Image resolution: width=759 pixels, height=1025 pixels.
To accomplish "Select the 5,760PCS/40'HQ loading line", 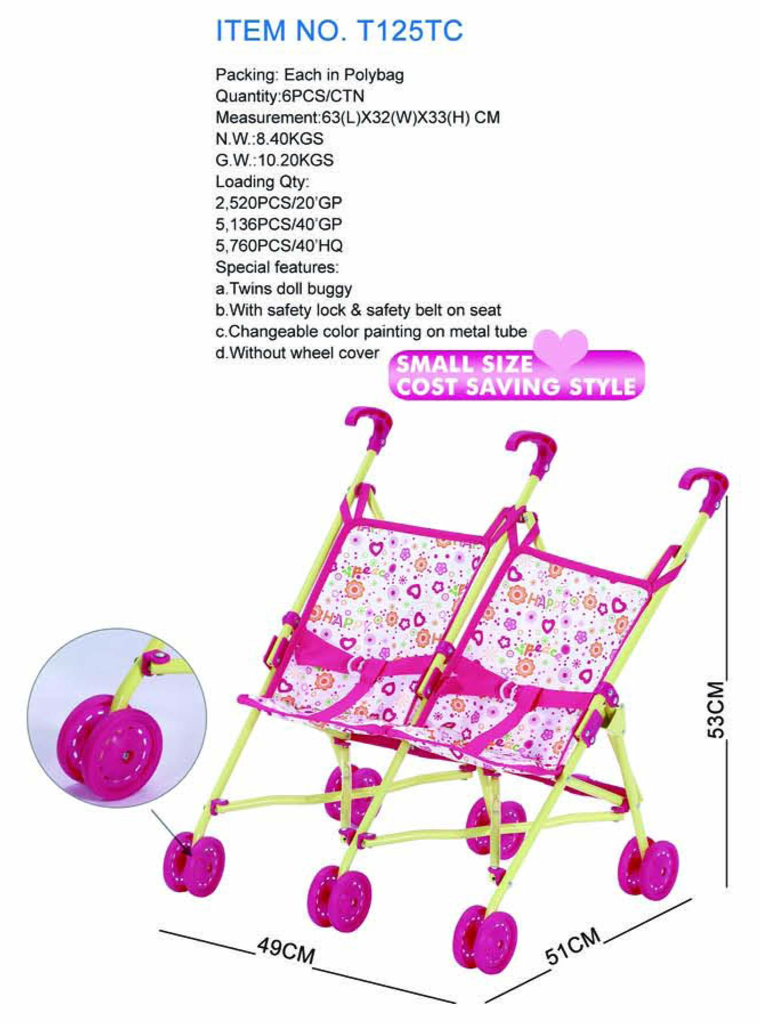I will pyautogui.click(x=279, y=246).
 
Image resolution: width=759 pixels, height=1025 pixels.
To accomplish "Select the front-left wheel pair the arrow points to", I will pyautogui.click(x=194, y=866).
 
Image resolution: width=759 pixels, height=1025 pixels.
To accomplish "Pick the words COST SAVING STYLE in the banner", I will pyautogui.click(x=516, y=387).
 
